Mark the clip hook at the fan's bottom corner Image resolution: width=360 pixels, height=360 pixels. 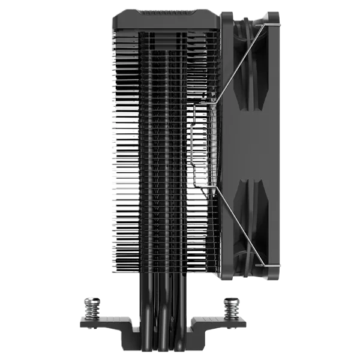click(262, 264)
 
